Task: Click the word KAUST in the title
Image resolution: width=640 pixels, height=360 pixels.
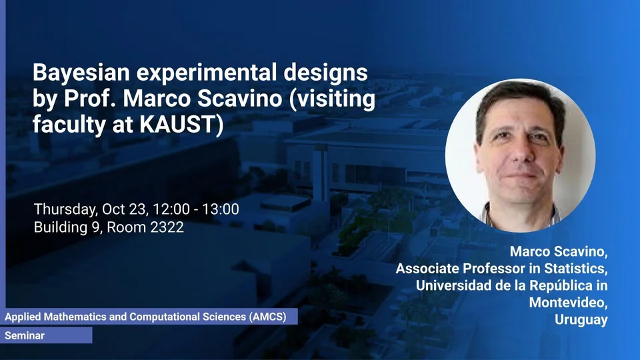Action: click(176, 124)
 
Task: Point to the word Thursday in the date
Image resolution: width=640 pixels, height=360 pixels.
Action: click(66, 210)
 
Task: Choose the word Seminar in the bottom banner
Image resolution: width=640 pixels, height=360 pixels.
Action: click(25, 335)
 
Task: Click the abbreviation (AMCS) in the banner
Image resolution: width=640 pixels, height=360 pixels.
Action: click(268, 317)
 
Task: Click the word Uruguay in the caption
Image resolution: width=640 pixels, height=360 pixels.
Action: click(581, 320)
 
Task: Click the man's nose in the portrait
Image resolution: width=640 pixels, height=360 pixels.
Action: click(519, 153)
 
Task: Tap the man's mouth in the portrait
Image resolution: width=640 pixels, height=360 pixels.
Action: click(521, 175)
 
